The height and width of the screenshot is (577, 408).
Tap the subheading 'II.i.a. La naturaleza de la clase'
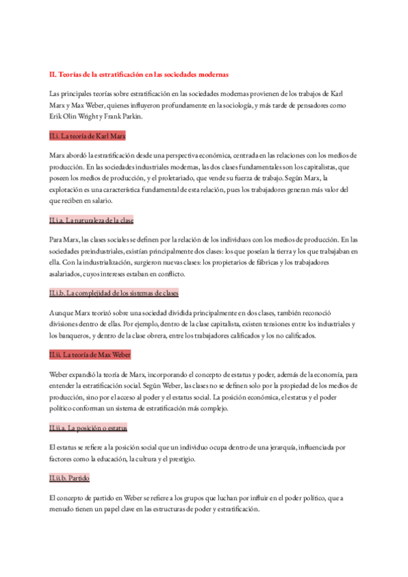[91, 220]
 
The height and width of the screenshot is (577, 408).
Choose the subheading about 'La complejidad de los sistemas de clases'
[114, 293]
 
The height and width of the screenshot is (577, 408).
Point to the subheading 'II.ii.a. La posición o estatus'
[88, 427]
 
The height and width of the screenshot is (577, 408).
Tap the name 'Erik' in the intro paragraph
[56, 116]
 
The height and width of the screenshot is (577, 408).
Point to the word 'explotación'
[67, 189]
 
